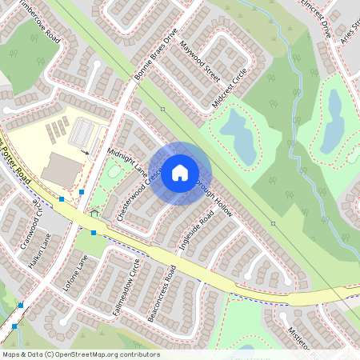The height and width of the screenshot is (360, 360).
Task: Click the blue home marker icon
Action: coord(180,173)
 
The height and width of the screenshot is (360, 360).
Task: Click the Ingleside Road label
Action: coord(198,232)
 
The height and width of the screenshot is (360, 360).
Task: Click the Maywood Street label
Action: coord(199,62)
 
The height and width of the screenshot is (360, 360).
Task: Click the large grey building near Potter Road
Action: coord(62,169)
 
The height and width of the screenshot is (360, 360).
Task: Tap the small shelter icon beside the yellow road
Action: coord(95,213)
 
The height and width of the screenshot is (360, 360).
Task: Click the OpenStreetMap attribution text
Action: coord(81,354)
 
